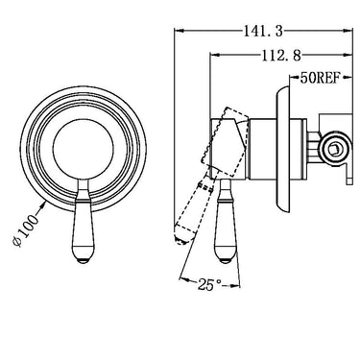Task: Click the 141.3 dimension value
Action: coord(263,32)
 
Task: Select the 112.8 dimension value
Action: coord(281,56)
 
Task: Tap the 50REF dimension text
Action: coord(319,79)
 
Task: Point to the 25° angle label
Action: coord(209,284)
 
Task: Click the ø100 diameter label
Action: coord(26,231)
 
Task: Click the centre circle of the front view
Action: coord(83,150)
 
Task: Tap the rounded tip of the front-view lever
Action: coord(83,260)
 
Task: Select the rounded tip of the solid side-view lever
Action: coord(227,260)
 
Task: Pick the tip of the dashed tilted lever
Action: coord(180,240)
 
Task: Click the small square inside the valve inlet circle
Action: coord(335,149)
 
